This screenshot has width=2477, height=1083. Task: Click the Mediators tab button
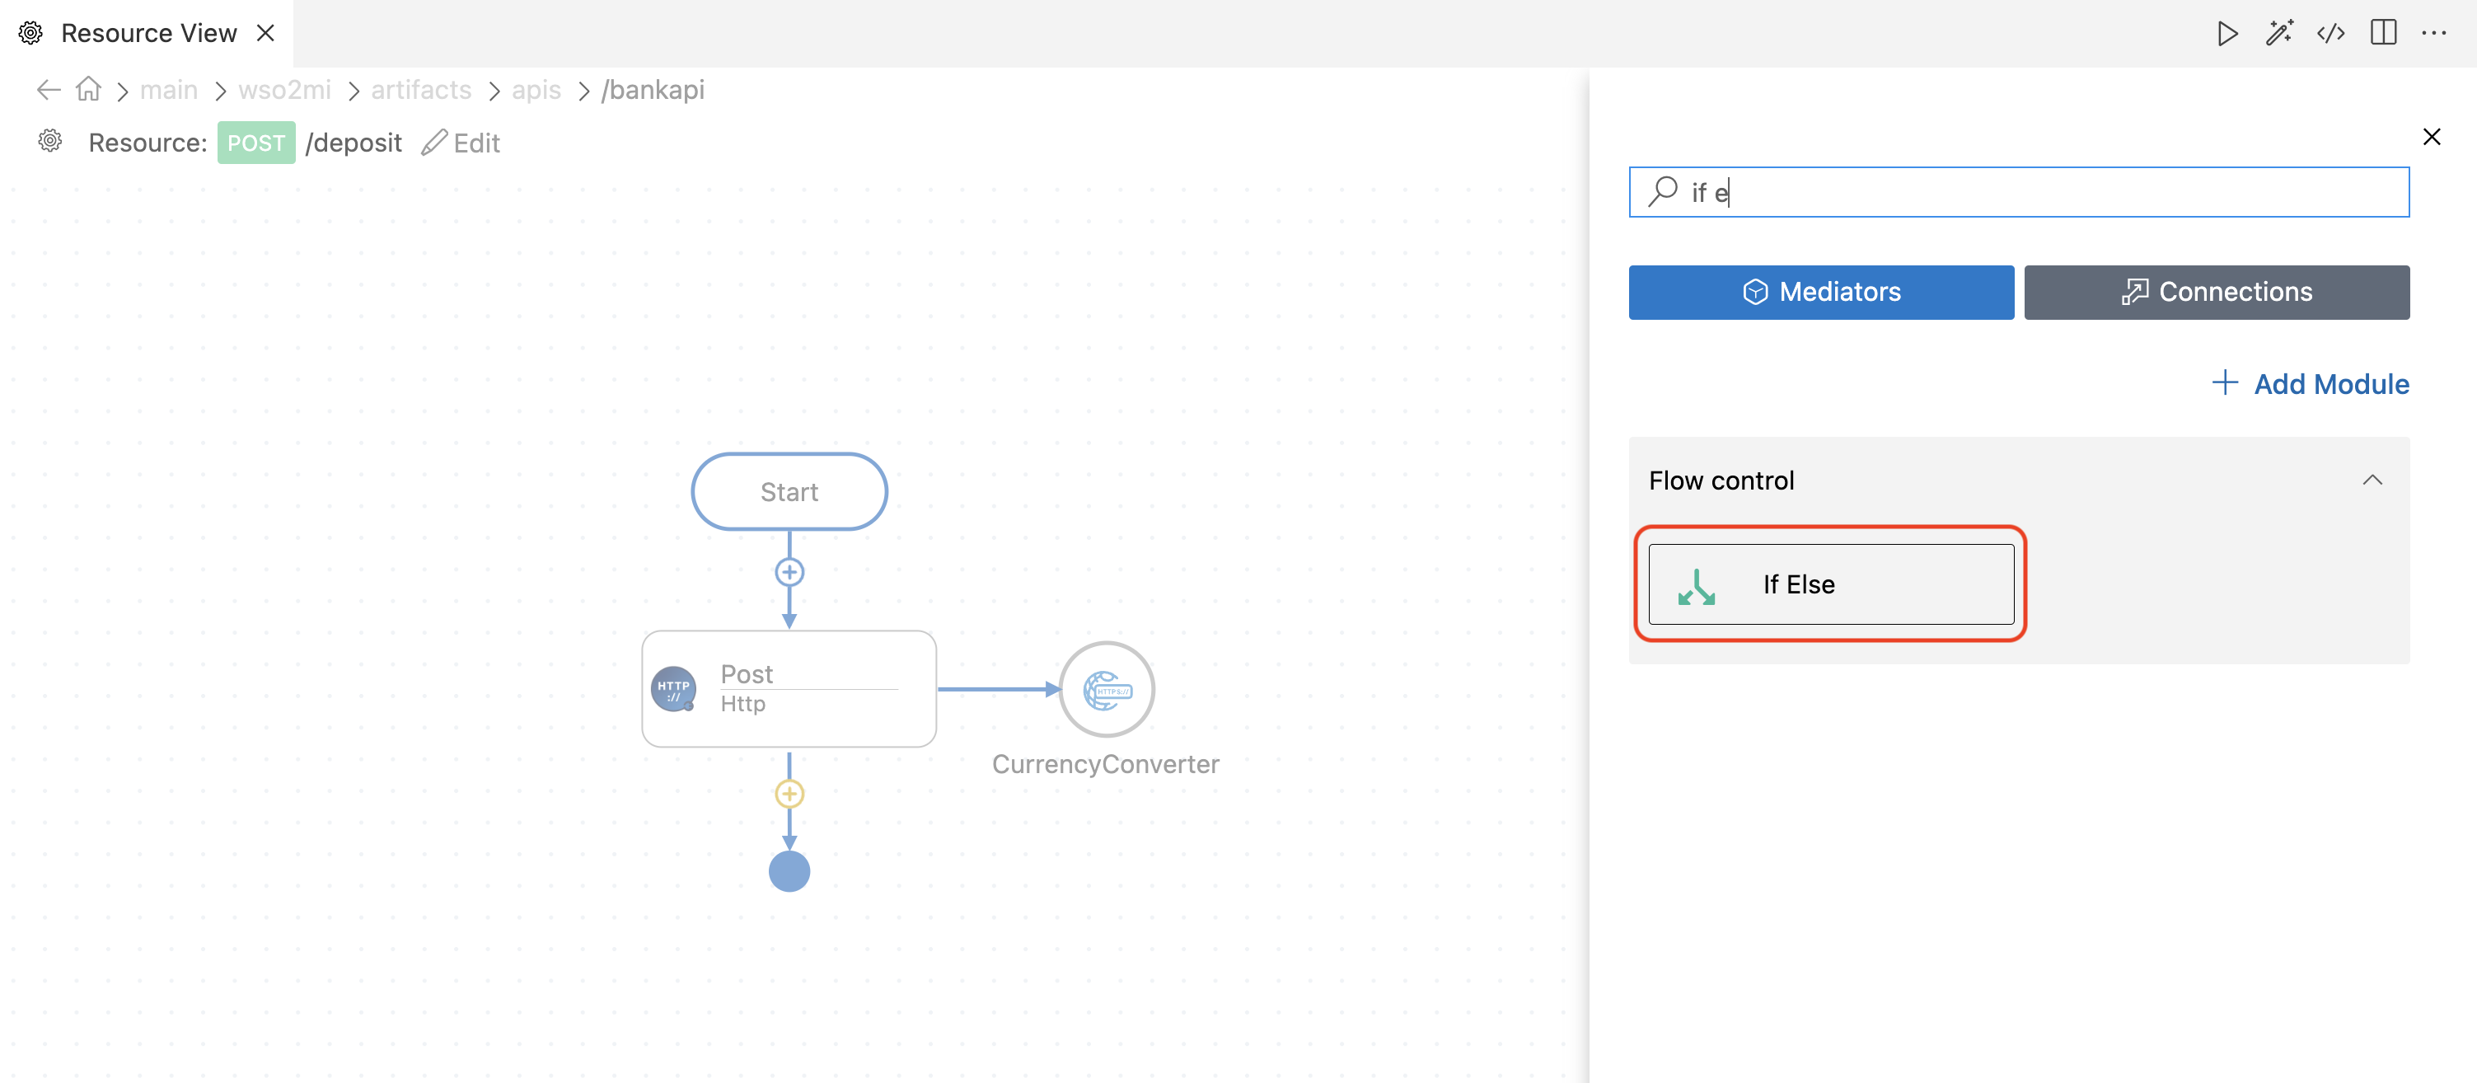point(1820,293)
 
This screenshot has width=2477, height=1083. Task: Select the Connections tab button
point(2217,293)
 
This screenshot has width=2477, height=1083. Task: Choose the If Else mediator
point(1831,584)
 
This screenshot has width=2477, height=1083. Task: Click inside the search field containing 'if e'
point(2020,192)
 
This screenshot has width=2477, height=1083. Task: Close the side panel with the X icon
point(2432,137)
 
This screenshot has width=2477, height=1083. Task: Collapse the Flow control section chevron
point(2372,480)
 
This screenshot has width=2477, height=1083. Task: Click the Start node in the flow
point(789,491)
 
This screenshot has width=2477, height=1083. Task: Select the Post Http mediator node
point(789,689)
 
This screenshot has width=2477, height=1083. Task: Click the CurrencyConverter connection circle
point(1107,690)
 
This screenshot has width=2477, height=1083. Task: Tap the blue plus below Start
point(789,572)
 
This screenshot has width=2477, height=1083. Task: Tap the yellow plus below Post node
point(789,794)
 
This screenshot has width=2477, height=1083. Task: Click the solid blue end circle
point(789,871)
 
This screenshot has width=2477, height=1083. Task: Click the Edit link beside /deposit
point(461,143)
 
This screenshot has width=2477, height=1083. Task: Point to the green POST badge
point(255,143)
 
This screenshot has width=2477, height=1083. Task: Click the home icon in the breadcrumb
point(88,90)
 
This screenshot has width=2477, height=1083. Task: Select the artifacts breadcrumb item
point(421,90)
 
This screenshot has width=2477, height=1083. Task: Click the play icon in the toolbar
point(2227,34)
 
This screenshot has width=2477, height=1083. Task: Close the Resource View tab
point(266,34)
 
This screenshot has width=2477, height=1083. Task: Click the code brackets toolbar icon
point(2331,34)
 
